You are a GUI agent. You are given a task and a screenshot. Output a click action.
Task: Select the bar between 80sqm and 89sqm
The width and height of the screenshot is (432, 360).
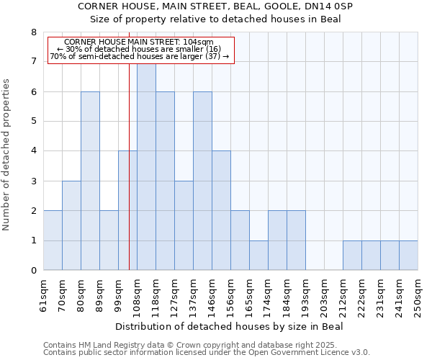point(90,181)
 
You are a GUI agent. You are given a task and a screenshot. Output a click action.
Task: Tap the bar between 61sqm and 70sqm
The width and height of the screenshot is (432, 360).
point(53,240)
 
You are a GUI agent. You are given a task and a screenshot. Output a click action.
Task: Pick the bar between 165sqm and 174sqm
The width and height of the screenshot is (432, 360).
point(258,255)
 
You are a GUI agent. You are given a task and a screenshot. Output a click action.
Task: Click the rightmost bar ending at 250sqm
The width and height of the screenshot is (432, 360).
point(408,255)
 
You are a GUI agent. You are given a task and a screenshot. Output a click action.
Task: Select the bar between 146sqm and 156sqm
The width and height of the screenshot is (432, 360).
point(221,210)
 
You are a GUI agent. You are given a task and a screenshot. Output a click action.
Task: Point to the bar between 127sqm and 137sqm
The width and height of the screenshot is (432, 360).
point(184,225)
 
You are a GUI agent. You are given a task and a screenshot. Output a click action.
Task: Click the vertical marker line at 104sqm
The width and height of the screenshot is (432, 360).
point(129,166)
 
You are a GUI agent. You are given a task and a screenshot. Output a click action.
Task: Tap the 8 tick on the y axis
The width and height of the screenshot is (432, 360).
point(33,32)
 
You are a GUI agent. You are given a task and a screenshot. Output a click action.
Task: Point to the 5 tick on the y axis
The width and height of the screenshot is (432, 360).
point(33,121)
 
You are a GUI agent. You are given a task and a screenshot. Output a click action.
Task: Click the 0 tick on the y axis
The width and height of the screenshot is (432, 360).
point(33,271)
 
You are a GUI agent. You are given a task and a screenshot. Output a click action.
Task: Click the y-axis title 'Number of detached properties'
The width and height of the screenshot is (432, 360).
point(6,155)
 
